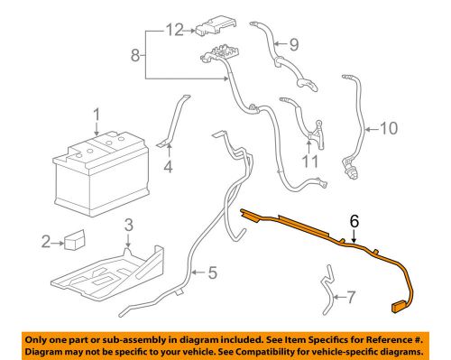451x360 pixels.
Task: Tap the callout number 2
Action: [x=45, y=241]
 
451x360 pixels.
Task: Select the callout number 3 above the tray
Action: [x=129, y=224]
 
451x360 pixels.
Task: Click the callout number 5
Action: [x=213, y=270]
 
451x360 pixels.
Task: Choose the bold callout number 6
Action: [x=354, y=219]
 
